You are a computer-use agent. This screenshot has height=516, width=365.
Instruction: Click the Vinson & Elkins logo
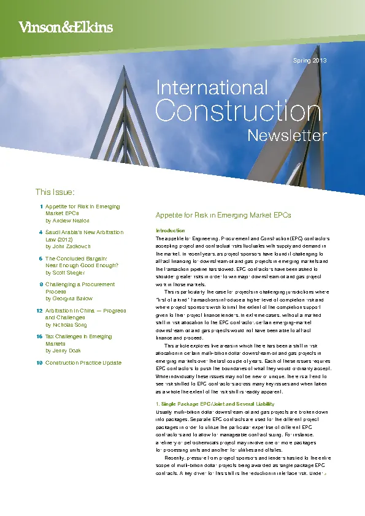point(66,26)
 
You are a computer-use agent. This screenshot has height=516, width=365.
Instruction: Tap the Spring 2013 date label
point(310,61)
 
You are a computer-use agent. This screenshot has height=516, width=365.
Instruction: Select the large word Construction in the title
point(238,112)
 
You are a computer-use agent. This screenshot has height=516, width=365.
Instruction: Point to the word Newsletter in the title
point(286,135)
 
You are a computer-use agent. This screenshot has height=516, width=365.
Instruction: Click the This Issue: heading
point(55,192)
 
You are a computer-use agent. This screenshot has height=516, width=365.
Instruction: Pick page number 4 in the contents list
point(40,232)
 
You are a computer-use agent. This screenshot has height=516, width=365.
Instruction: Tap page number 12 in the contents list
point(39,311)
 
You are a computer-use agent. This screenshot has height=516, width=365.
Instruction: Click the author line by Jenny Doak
point(64,351)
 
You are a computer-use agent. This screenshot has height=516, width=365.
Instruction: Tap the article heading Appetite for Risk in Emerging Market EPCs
point(223,215)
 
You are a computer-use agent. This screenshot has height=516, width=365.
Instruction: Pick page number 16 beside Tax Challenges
point(39,336)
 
